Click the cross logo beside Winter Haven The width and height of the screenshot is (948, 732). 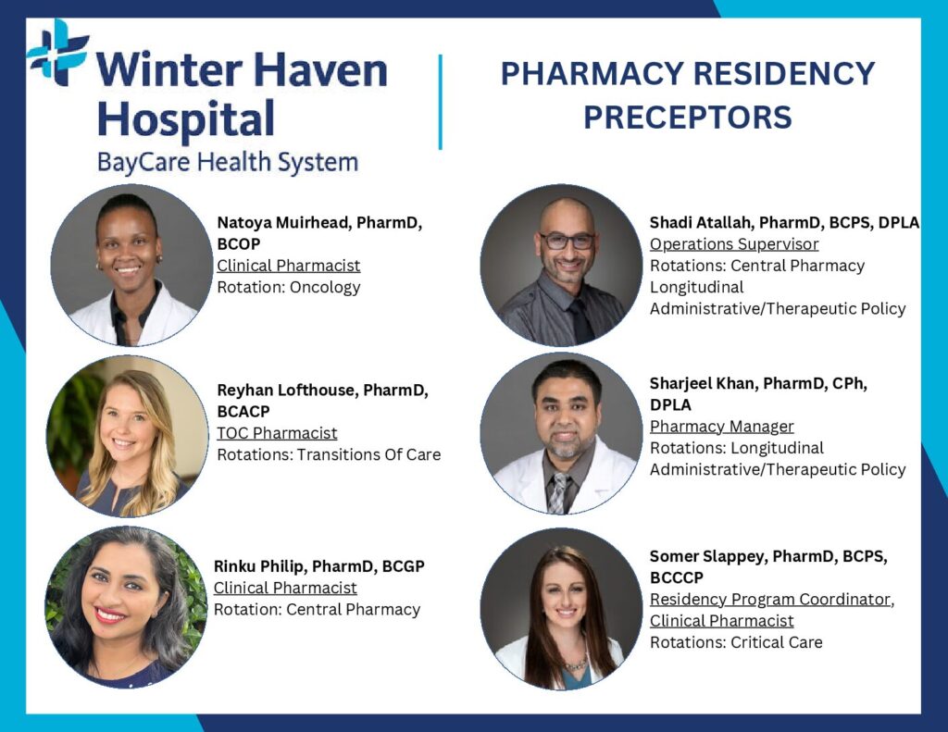tap(58, 52)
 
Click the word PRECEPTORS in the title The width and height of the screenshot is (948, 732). tap(688, 118)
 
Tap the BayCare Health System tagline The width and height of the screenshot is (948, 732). tap(228, 163)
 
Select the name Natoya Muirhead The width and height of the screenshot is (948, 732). tap(282, 223)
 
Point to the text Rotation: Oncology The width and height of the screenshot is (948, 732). tap(289, 287)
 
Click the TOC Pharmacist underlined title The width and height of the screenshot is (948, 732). tap(277, 433)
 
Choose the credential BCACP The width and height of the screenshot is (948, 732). tap(243, 412)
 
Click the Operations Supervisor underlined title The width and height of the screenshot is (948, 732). tap(734, 244)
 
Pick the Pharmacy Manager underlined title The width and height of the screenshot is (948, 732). tap(721, 427)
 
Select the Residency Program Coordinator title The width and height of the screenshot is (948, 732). tap(770, 600)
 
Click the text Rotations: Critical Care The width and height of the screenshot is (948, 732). tap(736, 642)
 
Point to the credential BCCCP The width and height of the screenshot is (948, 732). tap(677, 577)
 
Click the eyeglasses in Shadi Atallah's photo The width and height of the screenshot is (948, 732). tap(567, 242)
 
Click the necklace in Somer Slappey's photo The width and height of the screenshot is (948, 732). tap(575, 664)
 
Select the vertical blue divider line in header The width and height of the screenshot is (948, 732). tap(440, 102)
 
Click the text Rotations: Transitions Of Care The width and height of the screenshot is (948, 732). tap(329, 454)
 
